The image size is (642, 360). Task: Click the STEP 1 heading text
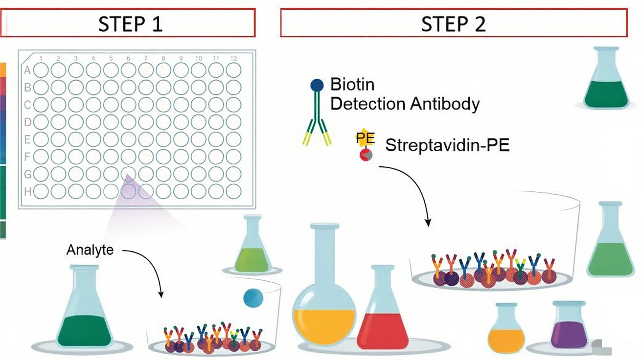coord(130,23)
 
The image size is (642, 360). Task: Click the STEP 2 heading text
coord(453,23)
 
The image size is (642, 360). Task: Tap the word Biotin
coord(352,84)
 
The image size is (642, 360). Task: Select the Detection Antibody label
coord(405,104)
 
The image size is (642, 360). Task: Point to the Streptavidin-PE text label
coord(447,145)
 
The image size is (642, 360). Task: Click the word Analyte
coord(90,250)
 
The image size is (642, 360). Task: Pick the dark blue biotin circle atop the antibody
coord(317,85)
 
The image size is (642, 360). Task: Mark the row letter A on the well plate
coord(27,70)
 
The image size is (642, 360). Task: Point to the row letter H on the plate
coord(27,192)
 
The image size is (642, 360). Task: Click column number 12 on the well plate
coord(233,59)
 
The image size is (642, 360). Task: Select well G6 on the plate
coord(128,174)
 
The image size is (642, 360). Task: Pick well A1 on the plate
coord(41,70)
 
